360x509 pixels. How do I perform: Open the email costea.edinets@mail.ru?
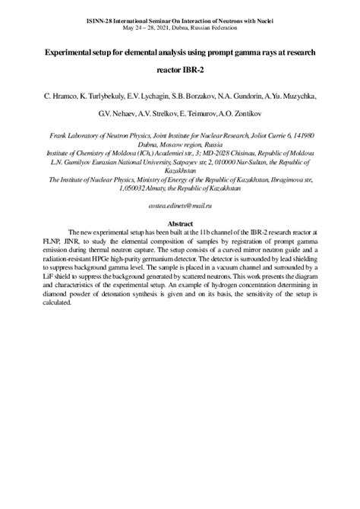coord(179,206)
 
